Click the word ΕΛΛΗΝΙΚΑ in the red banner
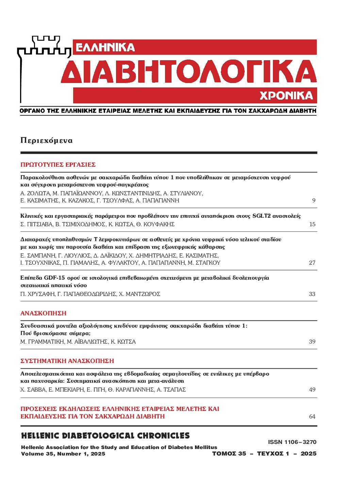coord(105,47)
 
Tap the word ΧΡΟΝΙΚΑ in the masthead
coord(286,96)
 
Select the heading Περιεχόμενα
coord(46,140)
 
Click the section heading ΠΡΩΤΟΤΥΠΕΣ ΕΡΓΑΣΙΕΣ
coord(58,165)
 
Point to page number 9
coord(314,200)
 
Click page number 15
coord(312,224)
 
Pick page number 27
coord(312,263)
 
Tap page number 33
coord(312,294)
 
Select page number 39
coord(312,342)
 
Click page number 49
coord(312,390)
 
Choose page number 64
coord(312,416)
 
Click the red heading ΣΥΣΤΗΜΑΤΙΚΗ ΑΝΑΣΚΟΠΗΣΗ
coord(67,361)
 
